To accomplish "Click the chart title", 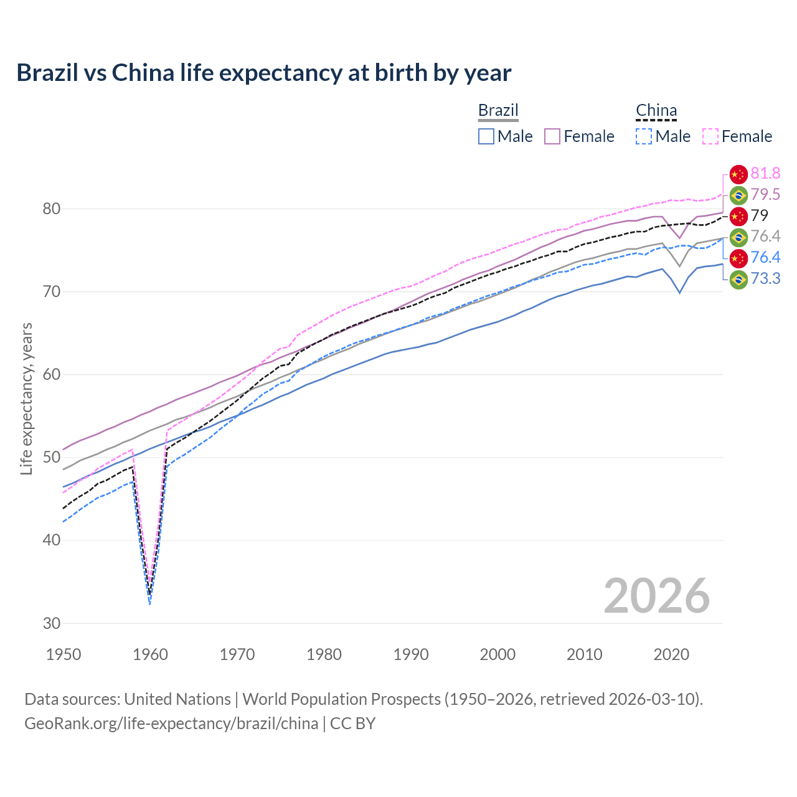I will tap(263, 73).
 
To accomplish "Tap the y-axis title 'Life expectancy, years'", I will tap(26, 398).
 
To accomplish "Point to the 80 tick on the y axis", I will tap(52, 209).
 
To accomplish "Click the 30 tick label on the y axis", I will tap(52, 623).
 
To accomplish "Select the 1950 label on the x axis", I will tap(64, 654).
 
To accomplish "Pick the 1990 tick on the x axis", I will tap(411, 654).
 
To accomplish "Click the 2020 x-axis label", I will tap(671, 654).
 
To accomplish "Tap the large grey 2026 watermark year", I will tap(657, 596).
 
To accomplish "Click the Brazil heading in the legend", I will tap(498, 110).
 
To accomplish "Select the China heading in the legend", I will tap(656, 110).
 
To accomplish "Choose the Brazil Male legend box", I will tap(486, 136).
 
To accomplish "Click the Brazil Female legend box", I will tap(552, 136).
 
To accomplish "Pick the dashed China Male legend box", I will tap(644, 136).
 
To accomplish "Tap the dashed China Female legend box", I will tap(710, 136).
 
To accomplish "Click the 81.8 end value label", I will tap(765, 174).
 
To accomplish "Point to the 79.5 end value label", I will tap(765, 195).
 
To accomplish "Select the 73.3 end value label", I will tap(765, 278).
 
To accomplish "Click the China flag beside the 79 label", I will tap(738, 216).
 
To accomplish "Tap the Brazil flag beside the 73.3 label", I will tap(738, 279).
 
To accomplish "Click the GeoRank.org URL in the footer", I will tap(171, 724).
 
